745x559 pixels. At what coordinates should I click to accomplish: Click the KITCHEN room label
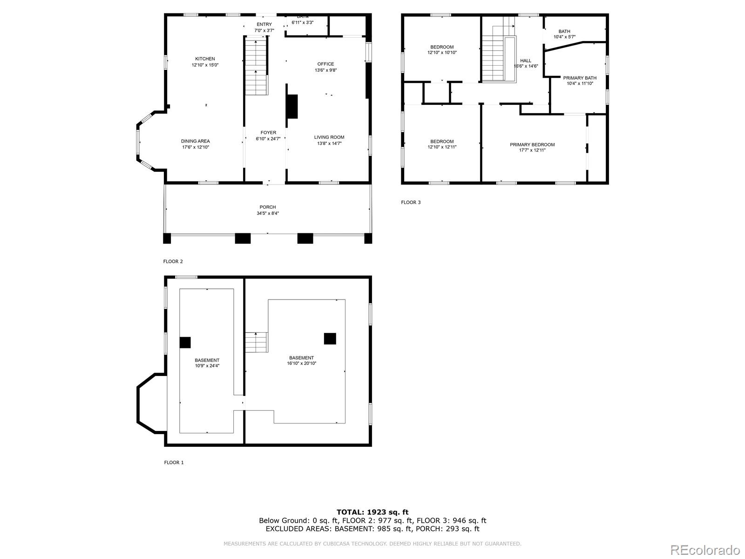click(205, 59)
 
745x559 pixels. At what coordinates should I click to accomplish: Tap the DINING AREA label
click(196, 141)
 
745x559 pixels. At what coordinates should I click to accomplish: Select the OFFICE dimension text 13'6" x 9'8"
click(326, 70)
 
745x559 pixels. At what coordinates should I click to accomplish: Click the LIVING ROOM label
click(329, 137)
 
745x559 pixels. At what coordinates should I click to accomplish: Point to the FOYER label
click(268, 133)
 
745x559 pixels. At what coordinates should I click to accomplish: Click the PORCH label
click(268, 207)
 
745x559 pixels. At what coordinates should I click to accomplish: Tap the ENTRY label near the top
click(264, 25)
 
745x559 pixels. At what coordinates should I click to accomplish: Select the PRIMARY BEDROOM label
click(532, 145)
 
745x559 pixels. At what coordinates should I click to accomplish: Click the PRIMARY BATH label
click(580, 78)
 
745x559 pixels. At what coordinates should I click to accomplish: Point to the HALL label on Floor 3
click(526, 61)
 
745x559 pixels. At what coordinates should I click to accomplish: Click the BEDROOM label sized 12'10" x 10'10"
click(442, 47)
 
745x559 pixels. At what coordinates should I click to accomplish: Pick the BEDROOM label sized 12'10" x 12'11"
click(442, 142)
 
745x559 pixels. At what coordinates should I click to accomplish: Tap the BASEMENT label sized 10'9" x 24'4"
click(207, 360)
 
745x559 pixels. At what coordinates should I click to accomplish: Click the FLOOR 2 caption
click(173, 261)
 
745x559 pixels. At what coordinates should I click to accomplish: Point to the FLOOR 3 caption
click(411, 202)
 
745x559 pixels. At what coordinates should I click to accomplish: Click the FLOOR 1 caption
click(174, 463)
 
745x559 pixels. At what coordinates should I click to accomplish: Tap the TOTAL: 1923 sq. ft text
click(372, 512)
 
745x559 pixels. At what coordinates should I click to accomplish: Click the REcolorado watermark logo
click(705, 550)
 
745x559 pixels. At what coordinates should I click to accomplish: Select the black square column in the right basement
click(330, 339)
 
